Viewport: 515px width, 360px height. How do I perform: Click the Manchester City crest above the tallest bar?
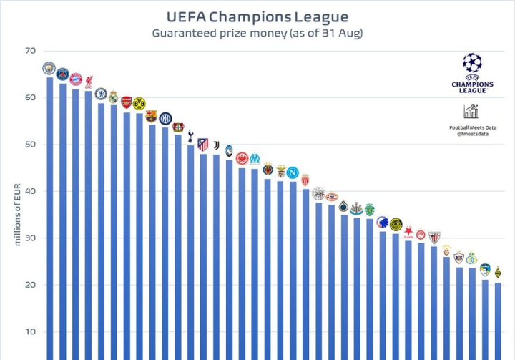point(49,69)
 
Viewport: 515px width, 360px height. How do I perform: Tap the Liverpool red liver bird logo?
point(89,82)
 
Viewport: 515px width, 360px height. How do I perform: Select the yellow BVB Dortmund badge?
point(139,103)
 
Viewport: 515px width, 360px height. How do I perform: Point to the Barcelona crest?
point(152,115)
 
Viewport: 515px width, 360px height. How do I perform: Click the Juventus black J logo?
point(216,145)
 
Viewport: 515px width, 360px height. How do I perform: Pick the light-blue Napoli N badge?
point(293,172)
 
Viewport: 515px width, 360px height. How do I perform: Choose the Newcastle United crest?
point(356,208)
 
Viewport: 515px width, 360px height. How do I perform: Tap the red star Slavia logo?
point(408,231)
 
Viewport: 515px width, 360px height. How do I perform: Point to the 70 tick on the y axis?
point(29,51)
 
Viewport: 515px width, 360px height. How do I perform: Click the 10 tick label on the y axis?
point(29,332)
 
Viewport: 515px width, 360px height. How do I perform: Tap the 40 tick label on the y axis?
point(29,191)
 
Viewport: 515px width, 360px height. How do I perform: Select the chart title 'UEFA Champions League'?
point(257,16)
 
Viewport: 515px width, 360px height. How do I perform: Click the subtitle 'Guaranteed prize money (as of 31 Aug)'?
point(257,34)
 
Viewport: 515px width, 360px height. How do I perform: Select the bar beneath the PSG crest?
point(63,222)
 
